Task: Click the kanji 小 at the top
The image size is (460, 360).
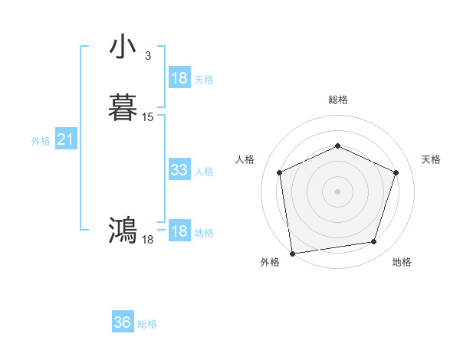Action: click(x=123, y=47)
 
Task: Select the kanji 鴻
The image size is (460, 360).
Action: click(x=123, y=230)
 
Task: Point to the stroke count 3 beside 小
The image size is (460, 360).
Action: click(x=147, y=56)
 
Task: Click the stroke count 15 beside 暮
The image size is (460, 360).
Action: click(x=148, y=117)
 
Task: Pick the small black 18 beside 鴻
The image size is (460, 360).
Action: click(x=148, y=240)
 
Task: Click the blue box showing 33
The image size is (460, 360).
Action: click(x=179, y=170)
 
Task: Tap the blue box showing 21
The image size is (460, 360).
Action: click(x=66, y=140)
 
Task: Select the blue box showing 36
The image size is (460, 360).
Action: click(x=123, y=322)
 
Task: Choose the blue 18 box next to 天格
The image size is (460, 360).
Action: click(x=179, y=78)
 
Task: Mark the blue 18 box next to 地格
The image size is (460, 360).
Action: click(x=179, y=231)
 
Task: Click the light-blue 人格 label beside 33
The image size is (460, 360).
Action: click(x=205, y=172)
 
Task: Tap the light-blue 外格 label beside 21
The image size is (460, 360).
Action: click(x=41, y=141)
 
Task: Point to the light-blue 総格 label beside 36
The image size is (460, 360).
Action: click(x=147, y=324)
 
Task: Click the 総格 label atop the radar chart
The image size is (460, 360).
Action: click(x=338, y=100)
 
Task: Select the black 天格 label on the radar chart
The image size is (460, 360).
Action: click(x=431, y=159)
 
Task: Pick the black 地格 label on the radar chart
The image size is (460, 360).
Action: click(x=402, y=263)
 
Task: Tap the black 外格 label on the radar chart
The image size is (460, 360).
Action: click(x=270, y=263)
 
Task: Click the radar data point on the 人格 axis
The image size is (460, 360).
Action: click(x=280, y=172)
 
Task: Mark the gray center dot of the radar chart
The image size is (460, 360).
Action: click(x=337, y=191)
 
